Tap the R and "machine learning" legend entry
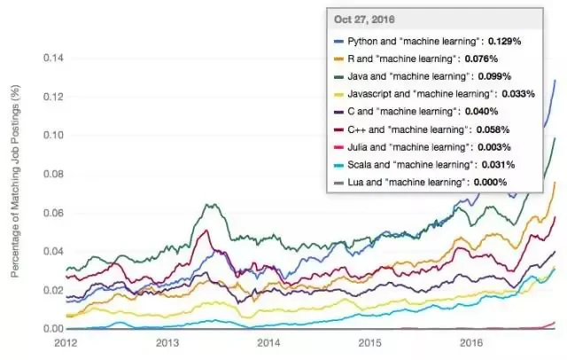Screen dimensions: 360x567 (x=395, y=59)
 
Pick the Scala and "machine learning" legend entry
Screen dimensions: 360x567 (x=403, y=165)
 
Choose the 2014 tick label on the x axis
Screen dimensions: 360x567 (x=268, y=341)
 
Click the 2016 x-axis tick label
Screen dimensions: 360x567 (x=470, y=341)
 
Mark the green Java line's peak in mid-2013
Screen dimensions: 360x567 (x=210, y=204)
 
